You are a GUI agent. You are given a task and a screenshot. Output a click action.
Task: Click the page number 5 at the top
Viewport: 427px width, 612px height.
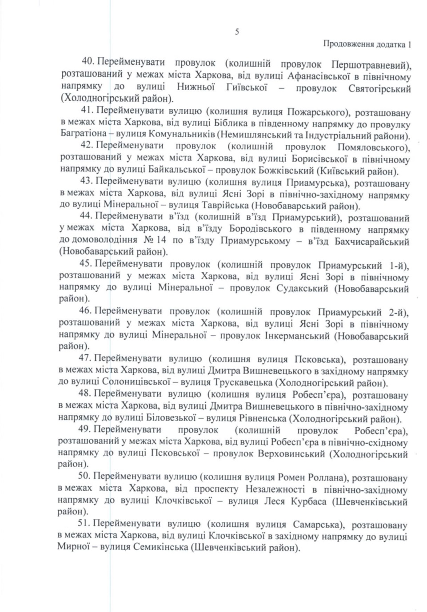point(237,31)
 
